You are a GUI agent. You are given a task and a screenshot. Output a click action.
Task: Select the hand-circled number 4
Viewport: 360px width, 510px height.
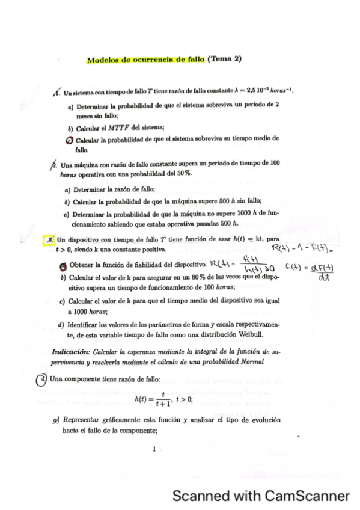(x=41, y=379)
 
